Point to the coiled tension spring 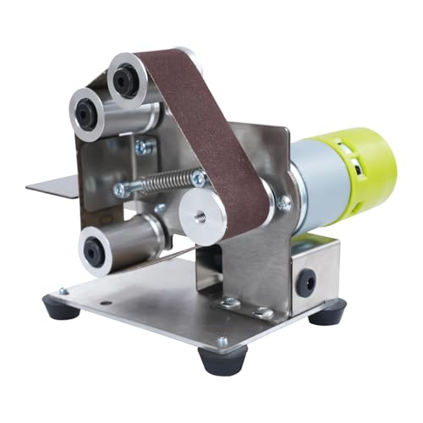pyautogui.click(x=164, y=183)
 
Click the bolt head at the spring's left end pyautogui.click(x=122, y=190)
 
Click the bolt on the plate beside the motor pyautogui.click(x=284, y=203)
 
